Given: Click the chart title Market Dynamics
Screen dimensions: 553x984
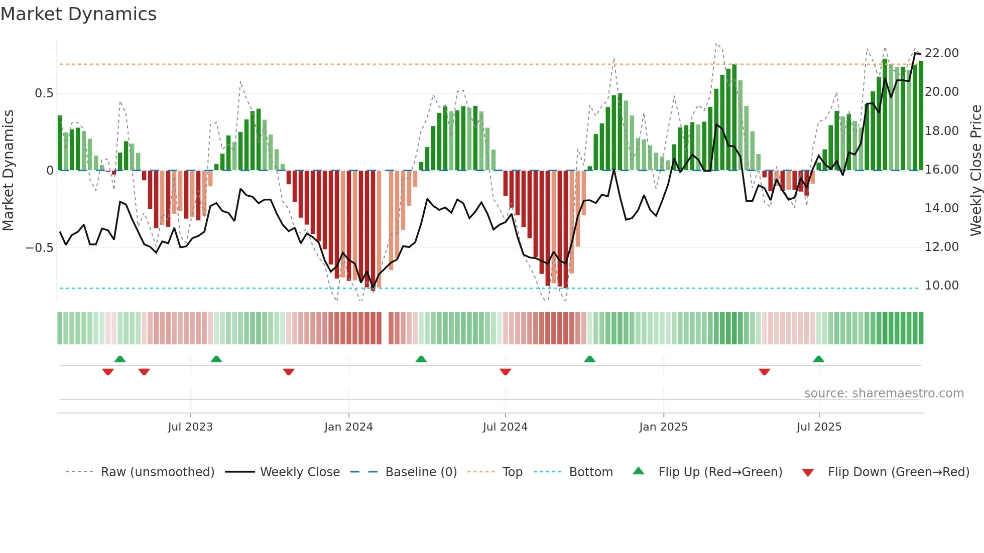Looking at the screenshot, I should pyautogui.click(x=78, y=14).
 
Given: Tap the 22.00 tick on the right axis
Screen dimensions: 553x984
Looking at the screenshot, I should pyautogui.click(x=941, y=53).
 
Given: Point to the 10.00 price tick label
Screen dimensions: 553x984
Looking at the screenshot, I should pyautogui.click(x=941, y=286).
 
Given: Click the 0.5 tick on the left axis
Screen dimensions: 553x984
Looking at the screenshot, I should pyautogui.click(x=44, y=93).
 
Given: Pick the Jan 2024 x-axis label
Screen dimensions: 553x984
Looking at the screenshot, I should pyautogui.click(x=348, y=427).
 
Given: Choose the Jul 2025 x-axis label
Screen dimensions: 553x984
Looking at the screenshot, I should pyautogui.click(x=819, y=427).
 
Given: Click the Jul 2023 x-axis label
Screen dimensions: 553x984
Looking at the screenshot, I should pyautogui.click(x=190, y=427).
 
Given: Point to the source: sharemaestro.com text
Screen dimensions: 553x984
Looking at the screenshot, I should pyautogui.click(x=884, y=393).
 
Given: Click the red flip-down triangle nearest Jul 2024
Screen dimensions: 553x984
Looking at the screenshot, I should pyautogui.click(x=506, y=372).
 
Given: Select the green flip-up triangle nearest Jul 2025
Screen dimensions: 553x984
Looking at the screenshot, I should pyautogui.click(x=818, y=359).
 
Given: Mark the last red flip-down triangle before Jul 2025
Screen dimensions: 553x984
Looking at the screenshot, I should pyautogui.click(x=764, y=372).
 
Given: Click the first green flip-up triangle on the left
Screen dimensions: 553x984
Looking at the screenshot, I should pyautogui.click(x=120, y=359).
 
